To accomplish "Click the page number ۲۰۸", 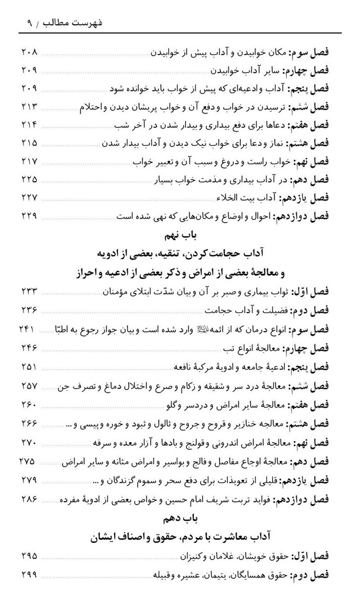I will [x=30, y=53].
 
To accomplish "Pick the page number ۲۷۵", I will [x=30, y=461].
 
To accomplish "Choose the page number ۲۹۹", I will [x=30, y=573].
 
